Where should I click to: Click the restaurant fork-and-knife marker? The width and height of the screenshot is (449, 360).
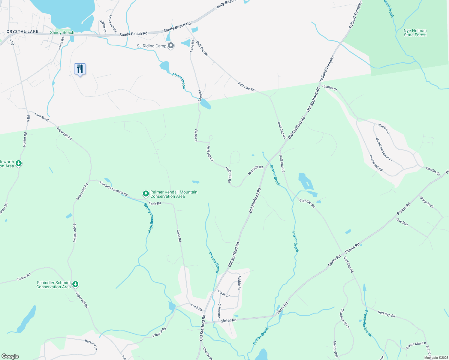(x=80, y=69)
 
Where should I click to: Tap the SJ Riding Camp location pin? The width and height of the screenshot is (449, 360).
(x=171, y=46)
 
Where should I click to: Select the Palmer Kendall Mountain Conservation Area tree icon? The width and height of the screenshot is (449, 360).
(x=146, y=194)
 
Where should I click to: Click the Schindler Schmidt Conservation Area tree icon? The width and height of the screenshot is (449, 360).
(x=75, y=284)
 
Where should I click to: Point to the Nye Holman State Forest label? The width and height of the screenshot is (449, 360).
(x=415, y=33)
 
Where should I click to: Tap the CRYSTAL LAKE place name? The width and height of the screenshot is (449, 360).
(x=23, y=31)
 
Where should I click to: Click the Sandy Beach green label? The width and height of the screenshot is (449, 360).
(x=62, y=32)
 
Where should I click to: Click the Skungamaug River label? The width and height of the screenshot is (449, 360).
(x=147, y=218)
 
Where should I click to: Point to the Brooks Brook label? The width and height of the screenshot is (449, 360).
(x=214, y=262)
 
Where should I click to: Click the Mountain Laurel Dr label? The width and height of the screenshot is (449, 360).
(x=384, y=149)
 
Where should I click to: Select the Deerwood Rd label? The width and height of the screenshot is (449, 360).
(x=376, y=163)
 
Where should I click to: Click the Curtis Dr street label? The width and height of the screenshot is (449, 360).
(x=224, y=294)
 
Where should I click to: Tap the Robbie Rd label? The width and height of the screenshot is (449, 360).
(x=239, y=283)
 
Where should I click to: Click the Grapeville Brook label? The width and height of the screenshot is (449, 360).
(x=368, y=323)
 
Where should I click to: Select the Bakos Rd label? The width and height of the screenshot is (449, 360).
(x=24, y=277)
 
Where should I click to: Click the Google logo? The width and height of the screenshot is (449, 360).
(x=10, y=356)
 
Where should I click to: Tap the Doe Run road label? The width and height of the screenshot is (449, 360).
(x=402, y=222)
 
